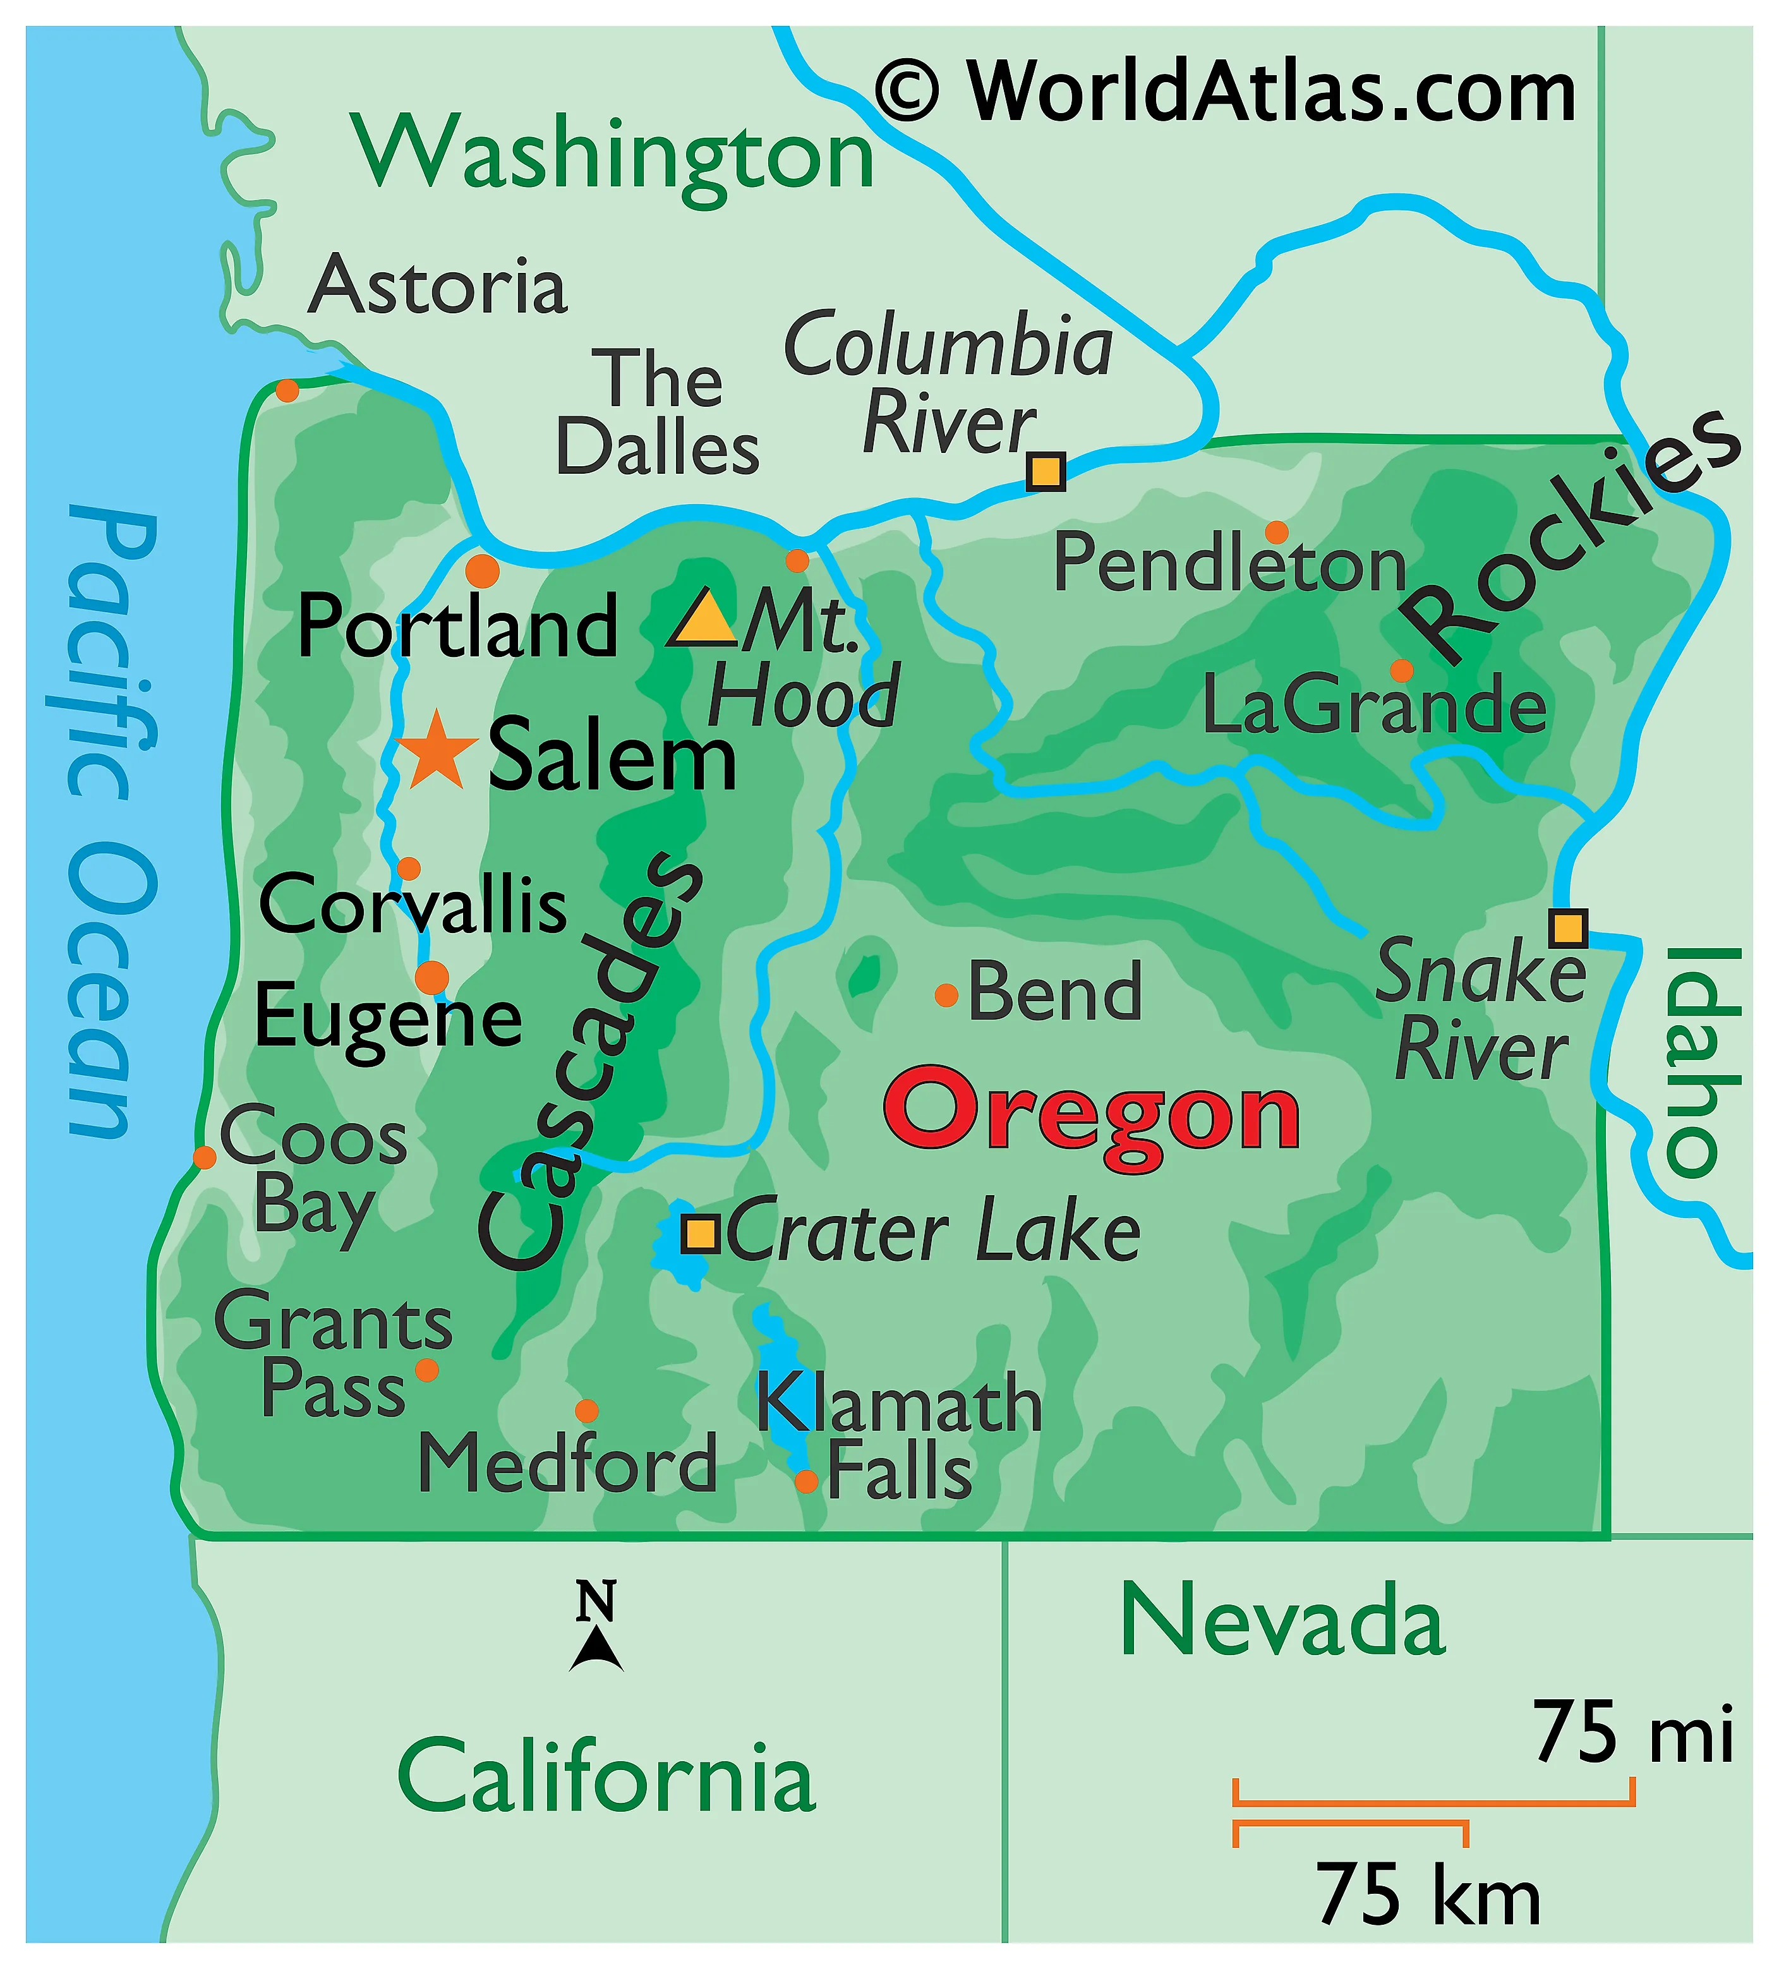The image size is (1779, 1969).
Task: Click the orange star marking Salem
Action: [x=437, y=752]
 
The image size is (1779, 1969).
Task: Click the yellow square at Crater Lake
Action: [x=701, y=1234]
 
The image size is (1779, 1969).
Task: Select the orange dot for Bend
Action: [x=946, y=996]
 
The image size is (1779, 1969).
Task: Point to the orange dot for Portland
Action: [x=481, y=570]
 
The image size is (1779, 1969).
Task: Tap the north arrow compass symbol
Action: [x=596, y=1626]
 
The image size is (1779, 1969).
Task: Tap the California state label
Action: [x=606, y=1776]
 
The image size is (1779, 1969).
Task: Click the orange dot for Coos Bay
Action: [x=204, y=1157]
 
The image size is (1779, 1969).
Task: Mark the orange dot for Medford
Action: [x=586, y=1411]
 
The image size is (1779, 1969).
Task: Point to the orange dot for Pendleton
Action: [x=1276, y=533]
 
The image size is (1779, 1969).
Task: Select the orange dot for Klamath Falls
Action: [x=806, y=1481]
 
